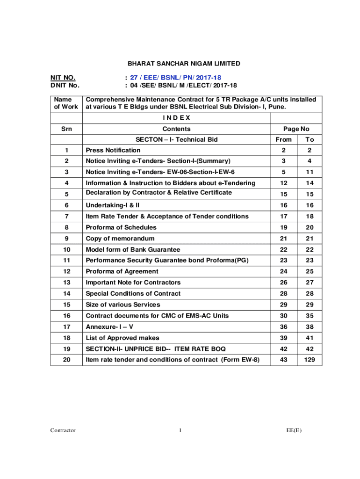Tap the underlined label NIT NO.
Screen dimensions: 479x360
click(x=63, y=78)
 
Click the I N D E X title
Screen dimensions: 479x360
click(x=176, y=117)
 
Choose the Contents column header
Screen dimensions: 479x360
click(x=176, y=129)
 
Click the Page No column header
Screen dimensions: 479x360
click(x=296, y=129)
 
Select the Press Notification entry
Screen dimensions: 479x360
click(x=113, y=150)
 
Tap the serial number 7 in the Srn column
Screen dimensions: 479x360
click(x=67, y=216)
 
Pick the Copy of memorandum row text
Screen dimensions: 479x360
click(x=120, y=239)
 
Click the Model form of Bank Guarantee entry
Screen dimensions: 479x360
click(x=133, y=249)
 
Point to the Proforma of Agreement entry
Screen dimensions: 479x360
click(x=122, y=271)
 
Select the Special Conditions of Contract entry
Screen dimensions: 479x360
click(x=133, y=293)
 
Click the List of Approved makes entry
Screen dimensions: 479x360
click(x=122, y=338)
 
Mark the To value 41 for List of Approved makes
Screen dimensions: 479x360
click(x=310, y=338)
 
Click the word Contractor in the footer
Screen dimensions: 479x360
click(x=63, y=430)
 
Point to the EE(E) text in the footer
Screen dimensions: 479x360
click(x=295, y=430)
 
